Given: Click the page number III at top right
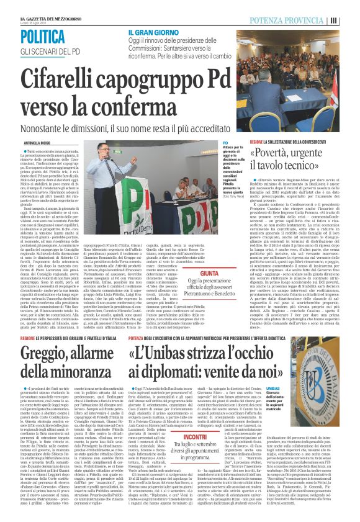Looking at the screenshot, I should tap(351, 20).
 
